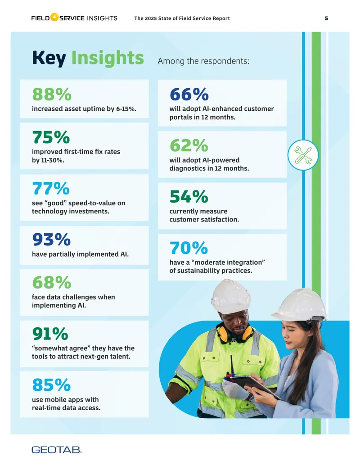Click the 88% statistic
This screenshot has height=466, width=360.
(52, 94)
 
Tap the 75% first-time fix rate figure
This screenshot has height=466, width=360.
(51, 137)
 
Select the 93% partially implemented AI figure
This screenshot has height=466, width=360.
(51, 240)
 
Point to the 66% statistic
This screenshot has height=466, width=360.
(189, 94)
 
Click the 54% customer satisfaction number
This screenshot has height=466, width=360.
(189, 197)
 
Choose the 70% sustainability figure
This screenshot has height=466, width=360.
(189, 248)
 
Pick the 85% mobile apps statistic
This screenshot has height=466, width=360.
(51, 385)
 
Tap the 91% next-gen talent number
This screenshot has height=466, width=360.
(50, 334)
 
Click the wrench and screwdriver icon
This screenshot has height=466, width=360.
(303, 155)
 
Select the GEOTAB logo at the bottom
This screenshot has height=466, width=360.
(56, 450)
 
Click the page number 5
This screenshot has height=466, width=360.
(326, 18)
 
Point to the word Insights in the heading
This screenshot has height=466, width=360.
(108, 58)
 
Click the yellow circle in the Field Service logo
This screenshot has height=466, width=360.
(54, 17)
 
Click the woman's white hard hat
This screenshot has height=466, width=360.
(300, 305)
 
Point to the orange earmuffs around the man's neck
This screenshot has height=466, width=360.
(235, 334)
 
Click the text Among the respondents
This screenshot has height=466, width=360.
(203, 61)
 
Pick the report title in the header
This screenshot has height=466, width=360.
(182, 18)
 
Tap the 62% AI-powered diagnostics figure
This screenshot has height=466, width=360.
(189, 145)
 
